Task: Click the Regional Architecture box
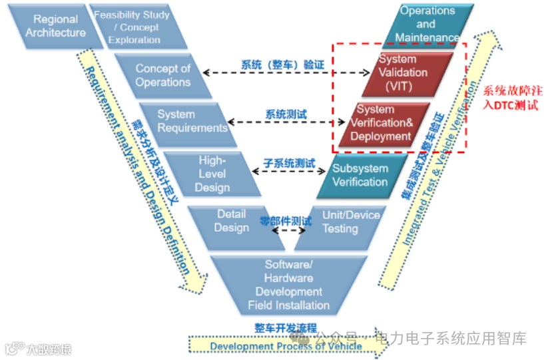55,27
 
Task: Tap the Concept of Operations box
162,75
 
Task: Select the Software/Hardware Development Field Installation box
288,285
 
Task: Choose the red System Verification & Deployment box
381,123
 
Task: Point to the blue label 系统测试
286,114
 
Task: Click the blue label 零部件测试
286,220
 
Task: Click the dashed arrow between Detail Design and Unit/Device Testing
287,231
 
